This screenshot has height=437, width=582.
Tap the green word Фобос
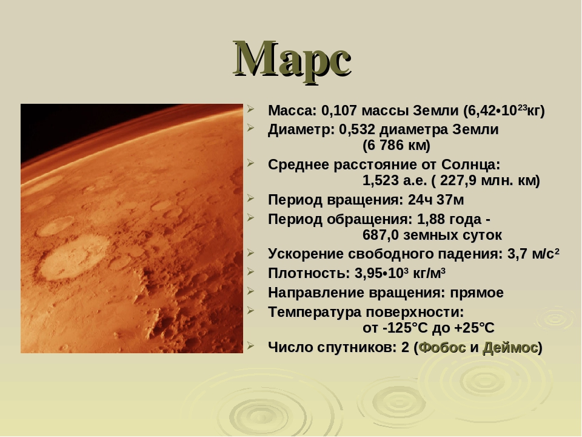[x=442, y=347]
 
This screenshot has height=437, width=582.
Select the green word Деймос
[x=510, y=347]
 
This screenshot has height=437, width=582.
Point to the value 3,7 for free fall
[x=517, y=254]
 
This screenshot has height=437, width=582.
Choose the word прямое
[x=477, y=293]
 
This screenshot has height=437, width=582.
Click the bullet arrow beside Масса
[x=250, y=109]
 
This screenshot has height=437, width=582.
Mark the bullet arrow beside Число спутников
[x=250, y=345]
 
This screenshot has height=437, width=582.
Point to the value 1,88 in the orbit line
[x=431, y=219]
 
